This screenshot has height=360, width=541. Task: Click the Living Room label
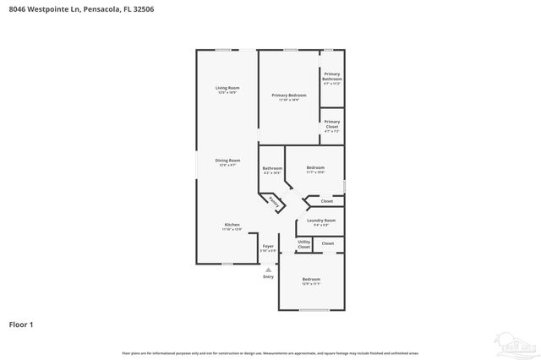pos(227,89)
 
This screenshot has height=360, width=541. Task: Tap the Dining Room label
pos(227,161)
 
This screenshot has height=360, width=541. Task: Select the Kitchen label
pos(232,225)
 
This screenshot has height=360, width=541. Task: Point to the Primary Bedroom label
pos(289,95)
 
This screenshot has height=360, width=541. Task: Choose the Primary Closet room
pos(331,127)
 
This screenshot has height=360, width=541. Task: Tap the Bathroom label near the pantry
pos(271,169)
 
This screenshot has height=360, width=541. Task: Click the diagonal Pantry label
pos(273,202)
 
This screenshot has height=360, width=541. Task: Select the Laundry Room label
pos(321,221)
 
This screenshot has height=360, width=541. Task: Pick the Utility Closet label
pos(303,245)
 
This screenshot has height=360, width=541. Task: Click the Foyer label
pos(268,246)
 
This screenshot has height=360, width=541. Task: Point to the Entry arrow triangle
pos(268,270)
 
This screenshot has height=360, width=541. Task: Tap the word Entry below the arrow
pos(268,276)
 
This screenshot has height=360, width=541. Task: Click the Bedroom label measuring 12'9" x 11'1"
pos(311,280)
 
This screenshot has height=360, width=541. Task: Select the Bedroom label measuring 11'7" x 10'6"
pos(314,169)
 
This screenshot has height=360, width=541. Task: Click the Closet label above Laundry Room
pos(326,201)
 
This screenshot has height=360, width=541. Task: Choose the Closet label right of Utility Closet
pos(327,243)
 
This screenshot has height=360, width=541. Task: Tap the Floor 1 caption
pos(21,324)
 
